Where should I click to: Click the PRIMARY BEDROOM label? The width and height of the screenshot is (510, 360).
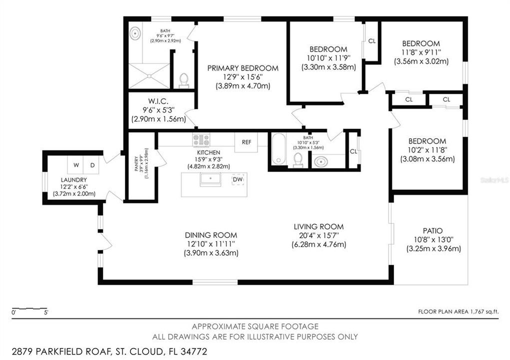click(x=242, y=68)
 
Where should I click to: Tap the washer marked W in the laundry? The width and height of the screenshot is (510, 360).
click(x=76, y=165)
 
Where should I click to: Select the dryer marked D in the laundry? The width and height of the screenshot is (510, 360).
click(x=92, y=165)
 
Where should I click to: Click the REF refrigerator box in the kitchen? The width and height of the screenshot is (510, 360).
click(x=246, y=142)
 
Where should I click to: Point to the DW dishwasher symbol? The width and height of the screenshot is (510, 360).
click(x=238, y=179)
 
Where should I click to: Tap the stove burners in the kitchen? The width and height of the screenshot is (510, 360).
click(x=201, y=139)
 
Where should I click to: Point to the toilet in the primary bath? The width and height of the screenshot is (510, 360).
click(x=184, y=80)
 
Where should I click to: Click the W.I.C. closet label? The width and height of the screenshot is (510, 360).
click(x=158, y=101)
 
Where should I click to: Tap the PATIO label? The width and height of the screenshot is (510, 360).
click(x=432, y=230)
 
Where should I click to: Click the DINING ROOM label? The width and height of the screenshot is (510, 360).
click(x=210, y=235)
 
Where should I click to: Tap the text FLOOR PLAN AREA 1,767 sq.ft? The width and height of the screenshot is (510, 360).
click(x=458, y=311)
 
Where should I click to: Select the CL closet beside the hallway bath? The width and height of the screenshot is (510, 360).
click(x=353, y=151)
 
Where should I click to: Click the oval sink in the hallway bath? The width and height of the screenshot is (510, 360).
click(x=320, y=161)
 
